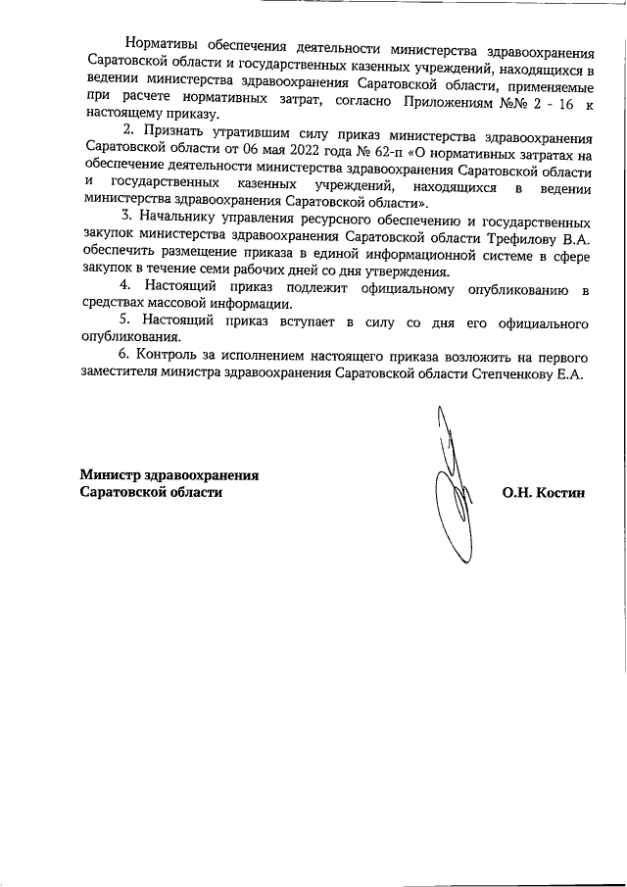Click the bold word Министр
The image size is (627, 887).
(109, 475)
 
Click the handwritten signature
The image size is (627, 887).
(457, 490)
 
